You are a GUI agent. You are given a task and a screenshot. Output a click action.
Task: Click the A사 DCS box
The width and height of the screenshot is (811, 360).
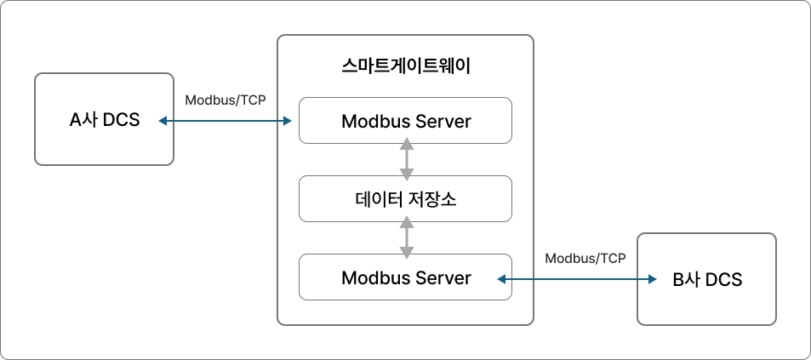point(104,119)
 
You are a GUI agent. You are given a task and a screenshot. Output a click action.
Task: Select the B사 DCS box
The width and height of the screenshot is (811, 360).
point(706,279)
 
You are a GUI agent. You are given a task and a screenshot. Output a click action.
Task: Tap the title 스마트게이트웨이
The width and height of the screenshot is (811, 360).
point(405,66)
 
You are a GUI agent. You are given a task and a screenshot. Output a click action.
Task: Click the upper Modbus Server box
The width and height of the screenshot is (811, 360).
point(405,121)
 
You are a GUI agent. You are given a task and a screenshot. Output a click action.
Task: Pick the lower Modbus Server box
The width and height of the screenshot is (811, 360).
point(405,277)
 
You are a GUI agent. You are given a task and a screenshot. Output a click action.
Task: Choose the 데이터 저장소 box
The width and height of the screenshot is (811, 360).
point(405,199)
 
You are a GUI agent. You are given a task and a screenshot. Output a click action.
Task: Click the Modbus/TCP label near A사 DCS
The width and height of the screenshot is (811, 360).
point(226,100)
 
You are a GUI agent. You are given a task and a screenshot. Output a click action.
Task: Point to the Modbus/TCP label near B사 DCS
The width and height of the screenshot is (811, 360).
point(585,258)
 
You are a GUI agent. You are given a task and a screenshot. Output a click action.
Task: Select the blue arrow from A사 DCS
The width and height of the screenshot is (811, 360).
point(225,121)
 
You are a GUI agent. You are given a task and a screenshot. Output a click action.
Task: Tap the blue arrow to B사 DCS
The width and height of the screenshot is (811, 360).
point(577,279)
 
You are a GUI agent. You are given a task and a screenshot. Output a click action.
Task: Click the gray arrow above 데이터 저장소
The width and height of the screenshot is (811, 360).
point(407,159)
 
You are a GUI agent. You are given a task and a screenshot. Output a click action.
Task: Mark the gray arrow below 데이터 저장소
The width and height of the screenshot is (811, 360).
point(407,237)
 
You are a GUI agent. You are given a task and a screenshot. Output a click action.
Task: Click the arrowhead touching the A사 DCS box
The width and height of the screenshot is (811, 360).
point(163,121)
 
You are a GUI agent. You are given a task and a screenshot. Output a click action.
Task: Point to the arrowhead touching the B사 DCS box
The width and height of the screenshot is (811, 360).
point(653,279)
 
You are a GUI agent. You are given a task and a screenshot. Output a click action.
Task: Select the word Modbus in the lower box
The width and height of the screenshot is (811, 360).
point(374,278)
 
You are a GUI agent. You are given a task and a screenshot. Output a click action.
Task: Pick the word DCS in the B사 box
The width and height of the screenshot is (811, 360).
point(723,280)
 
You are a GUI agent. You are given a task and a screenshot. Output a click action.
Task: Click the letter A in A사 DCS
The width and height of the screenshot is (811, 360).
point(76,120)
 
